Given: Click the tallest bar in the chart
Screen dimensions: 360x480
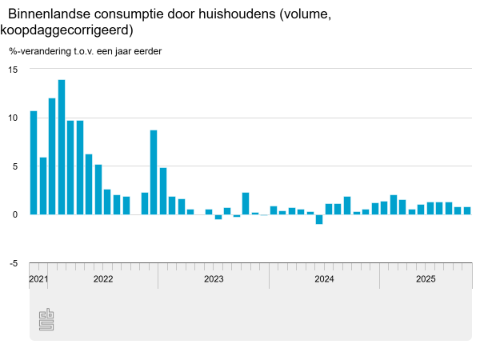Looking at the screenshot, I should tap(62, 147).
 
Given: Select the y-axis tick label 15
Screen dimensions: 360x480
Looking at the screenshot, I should tap(13, 70).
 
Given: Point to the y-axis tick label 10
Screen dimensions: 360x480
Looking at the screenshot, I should tap(13, 118).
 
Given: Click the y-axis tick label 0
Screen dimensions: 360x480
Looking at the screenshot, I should tap(14, 214).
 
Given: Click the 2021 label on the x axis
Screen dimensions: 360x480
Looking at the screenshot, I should tap(38, 279).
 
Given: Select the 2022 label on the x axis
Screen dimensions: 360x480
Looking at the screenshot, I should tap(103, 279).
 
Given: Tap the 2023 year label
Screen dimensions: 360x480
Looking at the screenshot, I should tap(214, 279).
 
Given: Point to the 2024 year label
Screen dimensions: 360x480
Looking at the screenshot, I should tap(324, 279).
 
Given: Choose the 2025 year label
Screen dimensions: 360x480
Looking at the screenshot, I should tap(426, 279).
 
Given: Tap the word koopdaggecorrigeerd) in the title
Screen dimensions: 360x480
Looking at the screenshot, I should tap(67, 30).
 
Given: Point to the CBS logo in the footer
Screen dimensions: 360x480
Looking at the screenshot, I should tap(46, 319).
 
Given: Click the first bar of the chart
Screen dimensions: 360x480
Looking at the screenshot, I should tap(34, 162).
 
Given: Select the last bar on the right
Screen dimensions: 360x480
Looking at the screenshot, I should tap(467, 210).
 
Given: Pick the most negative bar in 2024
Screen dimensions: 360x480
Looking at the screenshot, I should tap(319, 219).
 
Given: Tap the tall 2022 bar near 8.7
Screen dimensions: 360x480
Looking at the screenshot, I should tap(154, 172).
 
